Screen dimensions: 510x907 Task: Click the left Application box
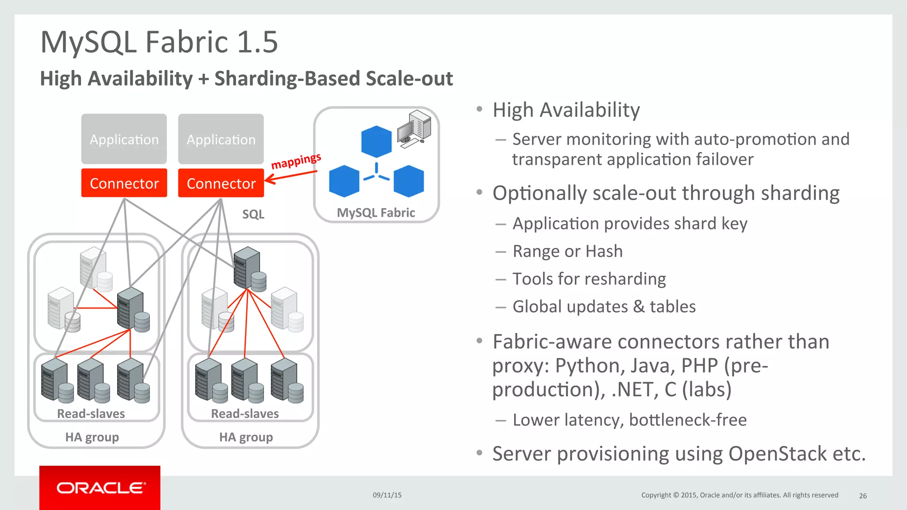tap(124, 139)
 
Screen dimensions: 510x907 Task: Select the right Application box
tap(221, 139)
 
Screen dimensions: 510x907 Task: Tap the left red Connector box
tap(124, 183)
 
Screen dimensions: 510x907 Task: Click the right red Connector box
tap(221, 183)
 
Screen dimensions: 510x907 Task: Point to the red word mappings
tap(296, 161)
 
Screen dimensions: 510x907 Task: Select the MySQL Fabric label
tap(376, 213)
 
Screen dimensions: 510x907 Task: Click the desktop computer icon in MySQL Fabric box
tap(414, 129)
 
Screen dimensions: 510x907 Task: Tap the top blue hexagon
tap(376, 142)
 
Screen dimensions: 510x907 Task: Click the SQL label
tap(253, 214)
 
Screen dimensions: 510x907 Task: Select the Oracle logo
tap(100, 488)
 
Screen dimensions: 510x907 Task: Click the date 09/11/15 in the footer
tap(387, 495)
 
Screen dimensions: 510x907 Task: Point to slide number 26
tap(863, 496)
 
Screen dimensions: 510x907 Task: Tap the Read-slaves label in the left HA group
tap(91, 413)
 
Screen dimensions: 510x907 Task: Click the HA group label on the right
tap(246, 437)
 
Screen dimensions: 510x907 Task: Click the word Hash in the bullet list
tap(604, 251)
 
